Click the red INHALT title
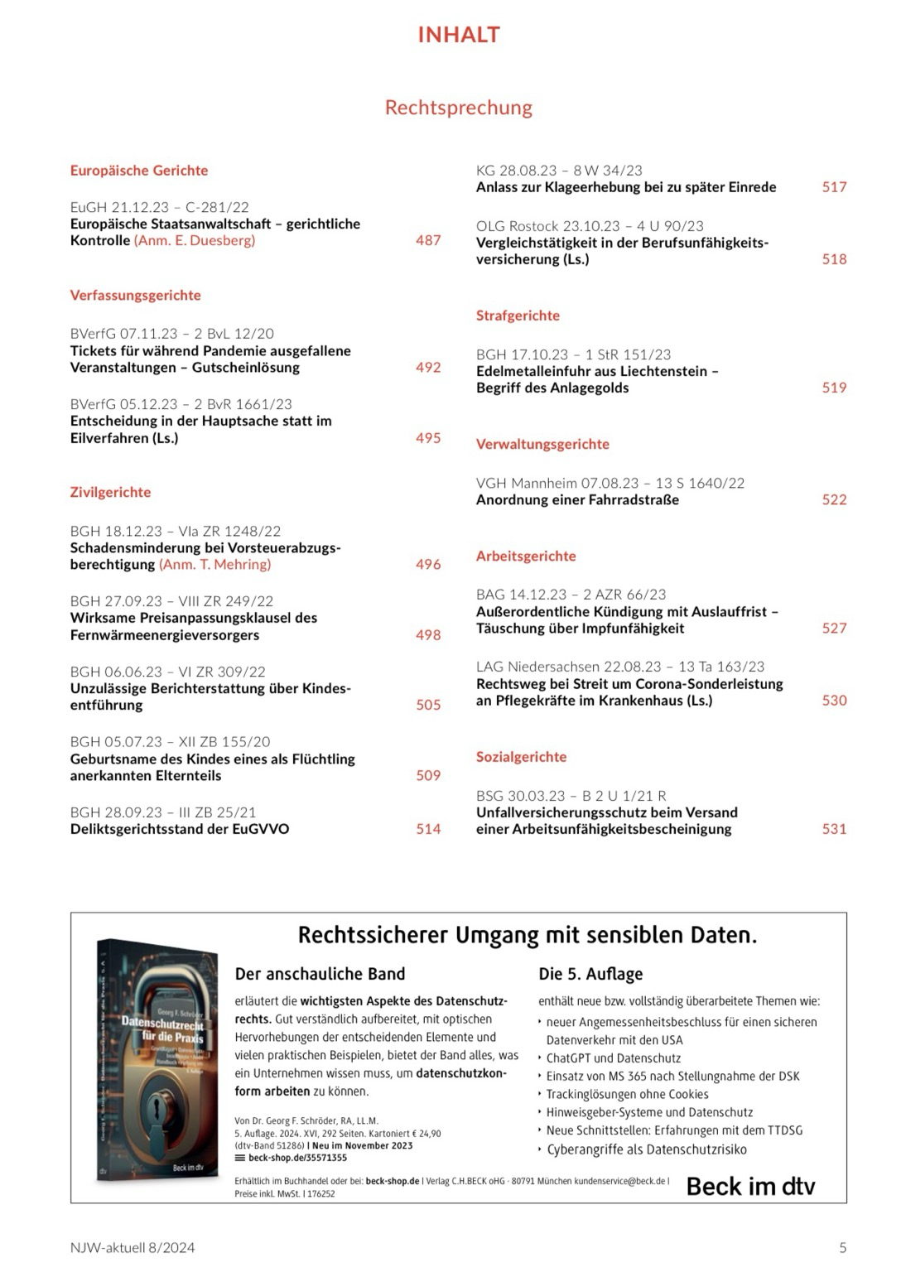tap(458, 35)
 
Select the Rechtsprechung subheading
tap(458, 108)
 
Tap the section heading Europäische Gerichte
tap(139, 171)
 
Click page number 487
tap(428, 240)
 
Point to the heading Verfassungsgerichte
tap(135, 296)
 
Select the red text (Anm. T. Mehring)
tap(215, 565)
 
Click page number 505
tap(428, 706)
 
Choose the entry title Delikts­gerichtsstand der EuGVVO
tap(180, 829)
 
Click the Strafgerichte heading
tap(518, 316)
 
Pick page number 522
tap(834, 499)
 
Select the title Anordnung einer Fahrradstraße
tap(577, 500)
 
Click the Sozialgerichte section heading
tap(521, 757)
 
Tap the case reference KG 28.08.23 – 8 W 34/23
tap(559, 171)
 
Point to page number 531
tap(834, 829)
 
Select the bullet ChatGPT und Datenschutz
tap(614, 1058)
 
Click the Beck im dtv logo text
tap(750, 1187)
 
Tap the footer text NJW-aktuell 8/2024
tap(133, 1247)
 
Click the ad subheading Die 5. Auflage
tap(590, 974)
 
